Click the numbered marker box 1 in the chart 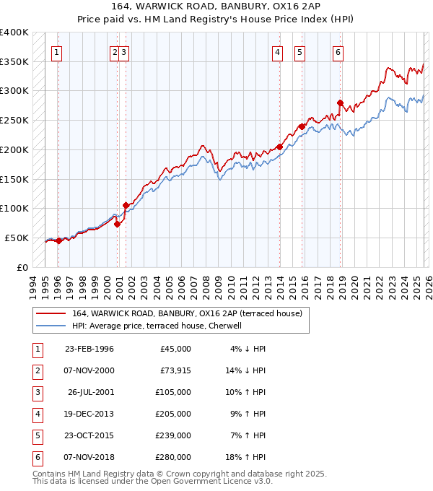tap(56, 51)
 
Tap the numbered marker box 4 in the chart tap(278, 51)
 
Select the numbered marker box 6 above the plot tap(338, 51)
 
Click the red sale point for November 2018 tap(340, 103)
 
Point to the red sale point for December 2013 tap(279, 147)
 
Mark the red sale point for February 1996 tap(58, 240)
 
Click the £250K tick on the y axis tap(14, 121)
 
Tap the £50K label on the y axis tap(17, 238)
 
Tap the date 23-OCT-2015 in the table tap(89, 435)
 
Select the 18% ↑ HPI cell tap(247, 457)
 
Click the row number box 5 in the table tap(35, 435)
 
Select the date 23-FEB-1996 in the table tap(89, 349)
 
